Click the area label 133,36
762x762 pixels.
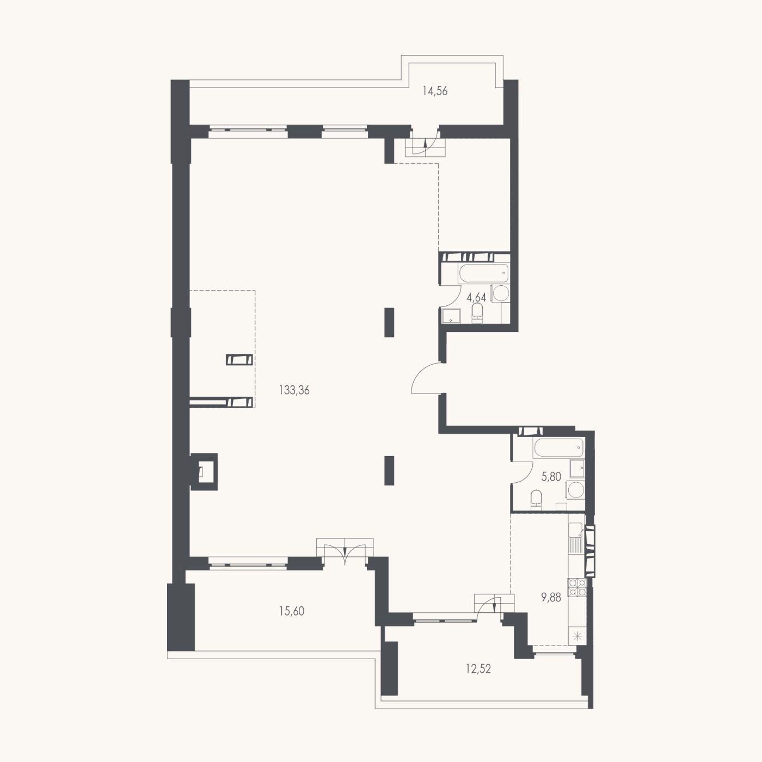coord(294,391)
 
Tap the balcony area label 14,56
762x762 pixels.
coord(434,91)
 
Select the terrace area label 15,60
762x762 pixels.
coord(291,611)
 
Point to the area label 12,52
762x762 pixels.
coord(478,669)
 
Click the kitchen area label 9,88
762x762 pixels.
coord(551,598)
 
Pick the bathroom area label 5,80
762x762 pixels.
coord(551,477)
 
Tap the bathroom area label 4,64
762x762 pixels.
coord(476,297)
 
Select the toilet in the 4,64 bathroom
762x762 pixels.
coord(477,314)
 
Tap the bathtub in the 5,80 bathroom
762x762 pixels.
coord(557,448)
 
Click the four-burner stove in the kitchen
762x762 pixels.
coord(577,587)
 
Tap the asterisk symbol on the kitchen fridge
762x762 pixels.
coord(577,637)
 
